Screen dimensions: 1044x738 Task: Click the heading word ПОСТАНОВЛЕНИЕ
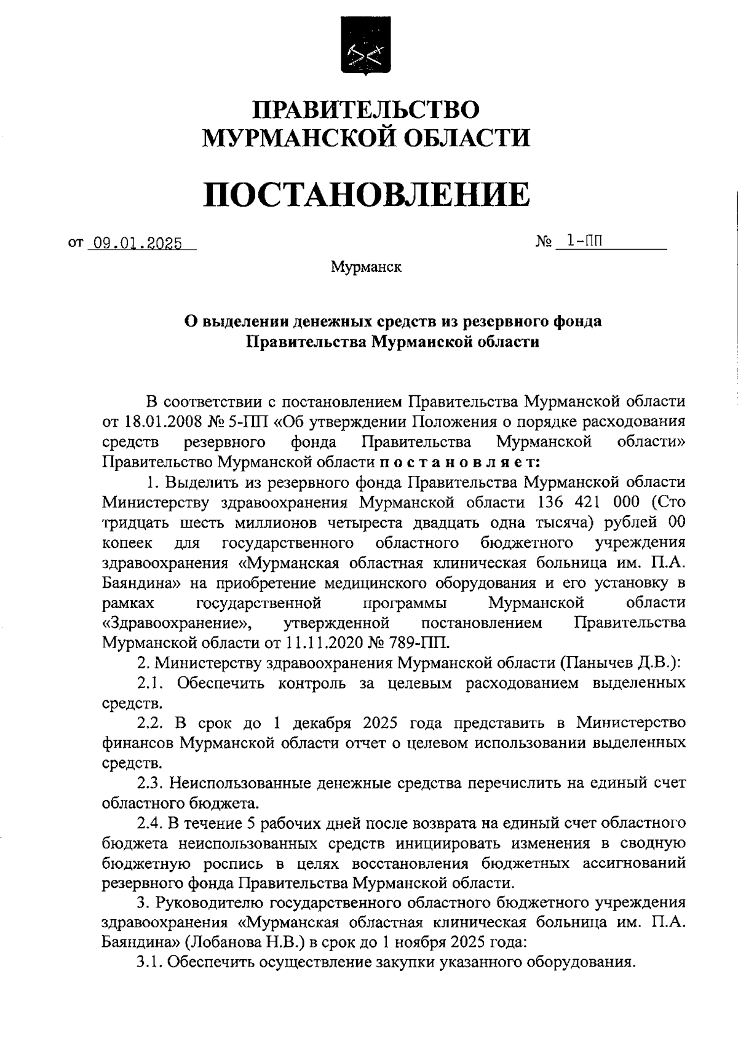(x=367, y=194)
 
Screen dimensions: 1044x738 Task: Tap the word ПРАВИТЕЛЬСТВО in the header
(x=367, y=109)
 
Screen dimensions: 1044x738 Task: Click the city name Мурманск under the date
(x=366, y=267)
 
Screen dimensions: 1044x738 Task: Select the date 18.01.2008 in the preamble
(x=161, y=422)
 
